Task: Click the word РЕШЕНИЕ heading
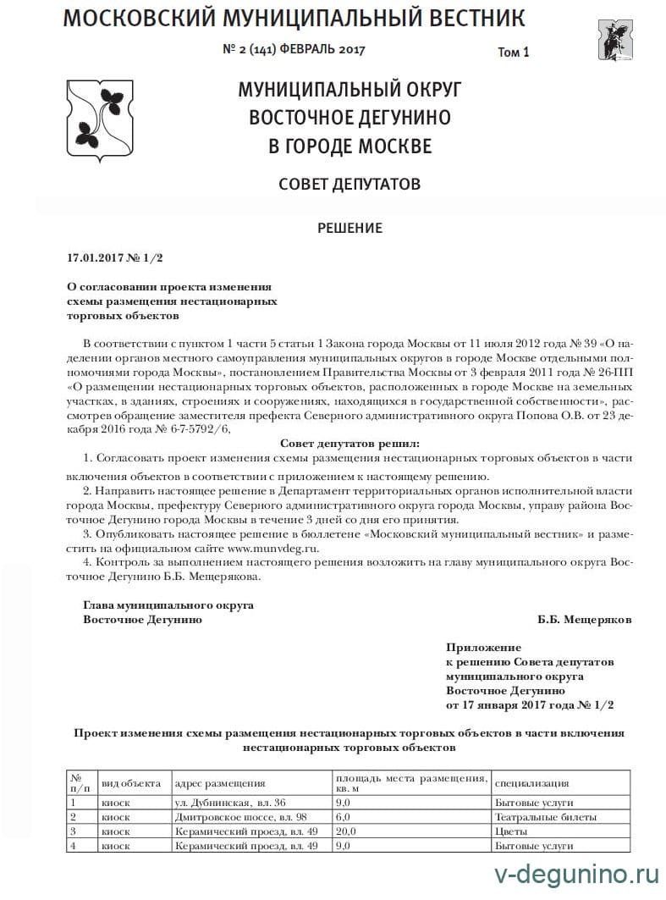click(x=350, y=228)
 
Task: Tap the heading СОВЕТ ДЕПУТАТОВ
click(x=350, y=184)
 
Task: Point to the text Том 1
click(x=514, y=52)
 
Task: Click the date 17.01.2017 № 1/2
click(x=114, y=257)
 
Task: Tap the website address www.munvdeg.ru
click(x=270, y=549)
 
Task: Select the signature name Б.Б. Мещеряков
click(x=584, y=619)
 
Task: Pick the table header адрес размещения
click(x=219, y=783)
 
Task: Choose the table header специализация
click(x=531, y=783)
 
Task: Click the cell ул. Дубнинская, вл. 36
click(x=229, y=802)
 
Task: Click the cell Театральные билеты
click(x=546, y=817)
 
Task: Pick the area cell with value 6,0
click(x=344, y=817)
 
